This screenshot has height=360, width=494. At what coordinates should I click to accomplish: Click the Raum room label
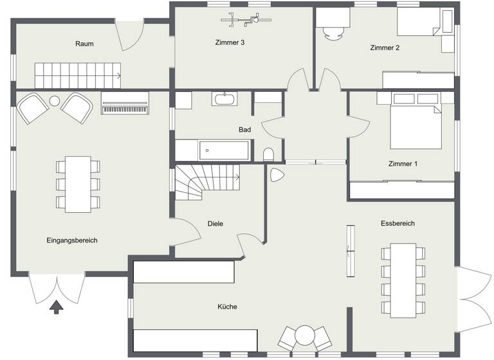[x=84, y=44]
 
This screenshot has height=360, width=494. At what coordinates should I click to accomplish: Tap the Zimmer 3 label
[x=230, y=43]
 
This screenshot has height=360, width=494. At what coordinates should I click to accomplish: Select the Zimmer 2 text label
[x=385, y=48]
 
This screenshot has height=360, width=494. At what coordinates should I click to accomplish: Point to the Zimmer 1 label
[x=403, y=164]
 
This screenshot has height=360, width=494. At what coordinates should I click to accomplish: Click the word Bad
[x=244, y=130]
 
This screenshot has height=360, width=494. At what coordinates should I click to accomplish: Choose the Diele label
[x=215, y=223]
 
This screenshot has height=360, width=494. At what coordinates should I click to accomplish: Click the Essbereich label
[x=397, y=223]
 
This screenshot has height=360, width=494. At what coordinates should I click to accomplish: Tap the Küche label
[x=227, y=307]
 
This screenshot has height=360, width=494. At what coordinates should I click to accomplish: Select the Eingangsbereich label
[x=72, y=240]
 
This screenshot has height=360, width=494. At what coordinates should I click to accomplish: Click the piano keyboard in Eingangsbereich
[x=125, y=106]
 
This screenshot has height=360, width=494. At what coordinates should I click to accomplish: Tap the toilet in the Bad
[x=270, y=155]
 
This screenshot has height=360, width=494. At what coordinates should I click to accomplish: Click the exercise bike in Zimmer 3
[x=244, y=21]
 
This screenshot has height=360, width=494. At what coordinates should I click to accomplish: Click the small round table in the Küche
[x=304, y=335]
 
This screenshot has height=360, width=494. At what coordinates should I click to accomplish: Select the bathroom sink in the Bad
[x=225, y=99]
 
